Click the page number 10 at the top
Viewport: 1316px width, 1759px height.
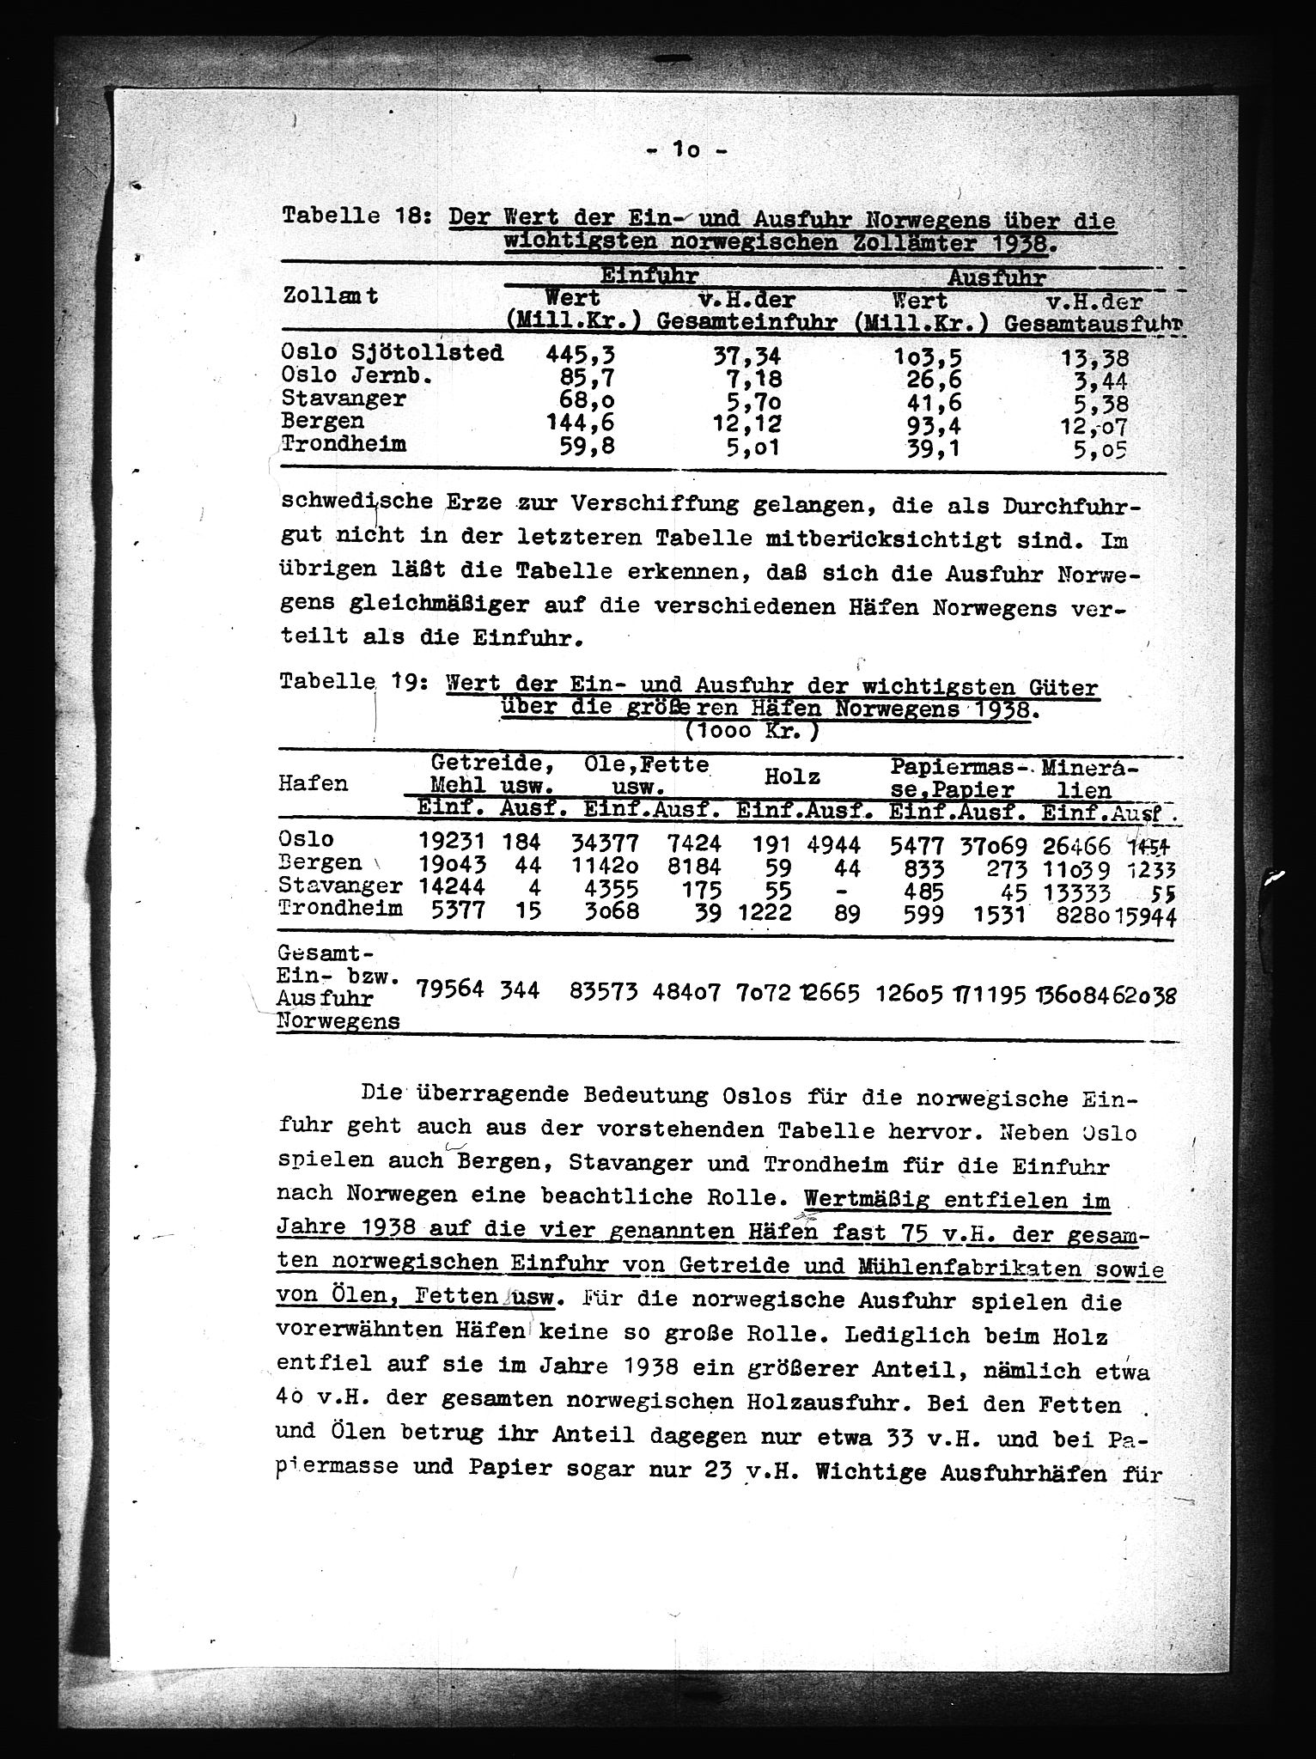point(686,150)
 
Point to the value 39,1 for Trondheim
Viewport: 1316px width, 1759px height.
point(917,447)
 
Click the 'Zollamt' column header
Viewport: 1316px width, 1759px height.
point(330,297)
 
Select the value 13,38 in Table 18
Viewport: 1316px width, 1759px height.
point(1094,359)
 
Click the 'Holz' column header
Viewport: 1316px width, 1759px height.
point(792,776)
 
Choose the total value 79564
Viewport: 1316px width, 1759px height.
point(450,989)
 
